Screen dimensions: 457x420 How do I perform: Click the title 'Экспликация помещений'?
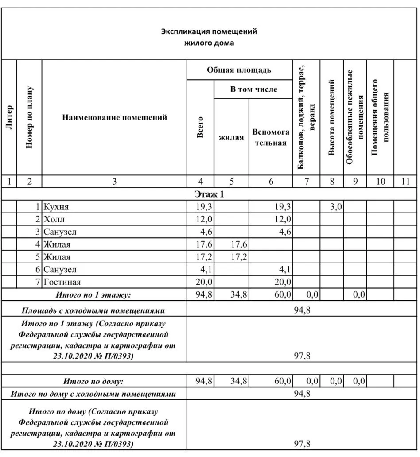coord(209,32)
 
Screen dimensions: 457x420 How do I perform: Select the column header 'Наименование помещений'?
coord(114,117)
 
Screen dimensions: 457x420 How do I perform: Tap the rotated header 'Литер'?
coord(9,117)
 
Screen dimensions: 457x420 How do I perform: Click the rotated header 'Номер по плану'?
coord(29,117)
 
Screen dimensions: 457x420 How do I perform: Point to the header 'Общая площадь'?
coord(239,70)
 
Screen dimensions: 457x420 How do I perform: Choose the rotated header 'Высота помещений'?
coord(331,117)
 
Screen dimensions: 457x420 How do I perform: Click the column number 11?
coord(405,182)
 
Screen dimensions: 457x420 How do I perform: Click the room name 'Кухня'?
coord(56,207)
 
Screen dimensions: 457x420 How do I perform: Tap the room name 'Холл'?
coord(54,219)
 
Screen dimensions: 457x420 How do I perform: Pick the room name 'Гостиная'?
coord(62,282)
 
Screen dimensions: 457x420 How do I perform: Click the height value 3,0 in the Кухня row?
coord(335,207)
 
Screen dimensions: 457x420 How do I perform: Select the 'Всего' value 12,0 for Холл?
coord(204,219)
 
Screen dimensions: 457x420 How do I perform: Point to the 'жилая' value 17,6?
coord(239,244)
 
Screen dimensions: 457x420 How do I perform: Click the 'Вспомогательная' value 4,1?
coord(283,269)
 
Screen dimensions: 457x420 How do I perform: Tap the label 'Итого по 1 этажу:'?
coord(93,294)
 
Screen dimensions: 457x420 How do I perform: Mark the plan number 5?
coord(38,257)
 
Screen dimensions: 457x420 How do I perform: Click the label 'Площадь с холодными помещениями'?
coord(93,310)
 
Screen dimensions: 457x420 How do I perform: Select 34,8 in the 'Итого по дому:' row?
coord(239,381)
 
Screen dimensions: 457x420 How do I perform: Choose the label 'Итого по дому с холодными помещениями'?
coord(93,394)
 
